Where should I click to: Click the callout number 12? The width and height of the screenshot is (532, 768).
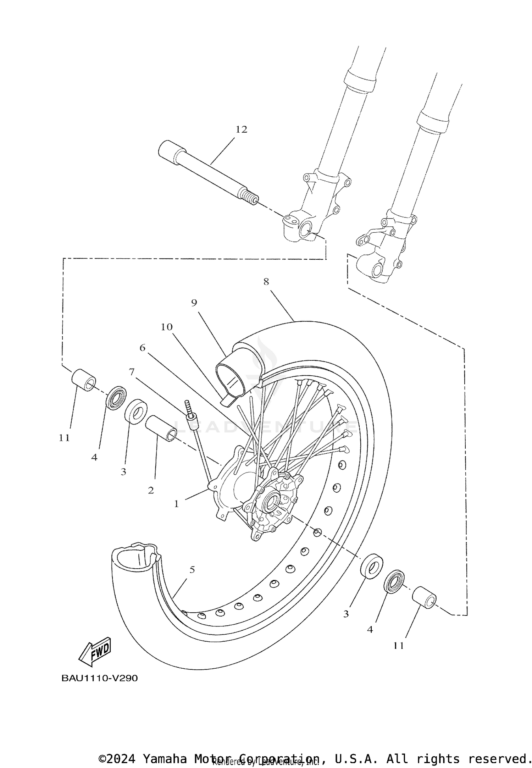(241, 130)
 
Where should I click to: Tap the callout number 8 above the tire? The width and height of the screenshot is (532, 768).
(266, 282)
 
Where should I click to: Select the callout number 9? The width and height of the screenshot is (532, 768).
(194, 303)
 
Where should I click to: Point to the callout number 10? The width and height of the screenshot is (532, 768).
(166, 327)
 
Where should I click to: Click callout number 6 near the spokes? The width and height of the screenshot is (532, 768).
(142, 348)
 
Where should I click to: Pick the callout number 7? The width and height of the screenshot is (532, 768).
(132, 372)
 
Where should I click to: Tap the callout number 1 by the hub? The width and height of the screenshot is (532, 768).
(176, 504)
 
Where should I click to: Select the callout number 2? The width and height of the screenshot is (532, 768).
(151, 491)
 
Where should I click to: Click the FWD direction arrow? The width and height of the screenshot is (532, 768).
(95, 651)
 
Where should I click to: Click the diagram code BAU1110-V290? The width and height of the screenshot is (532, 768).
(99, 678)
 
